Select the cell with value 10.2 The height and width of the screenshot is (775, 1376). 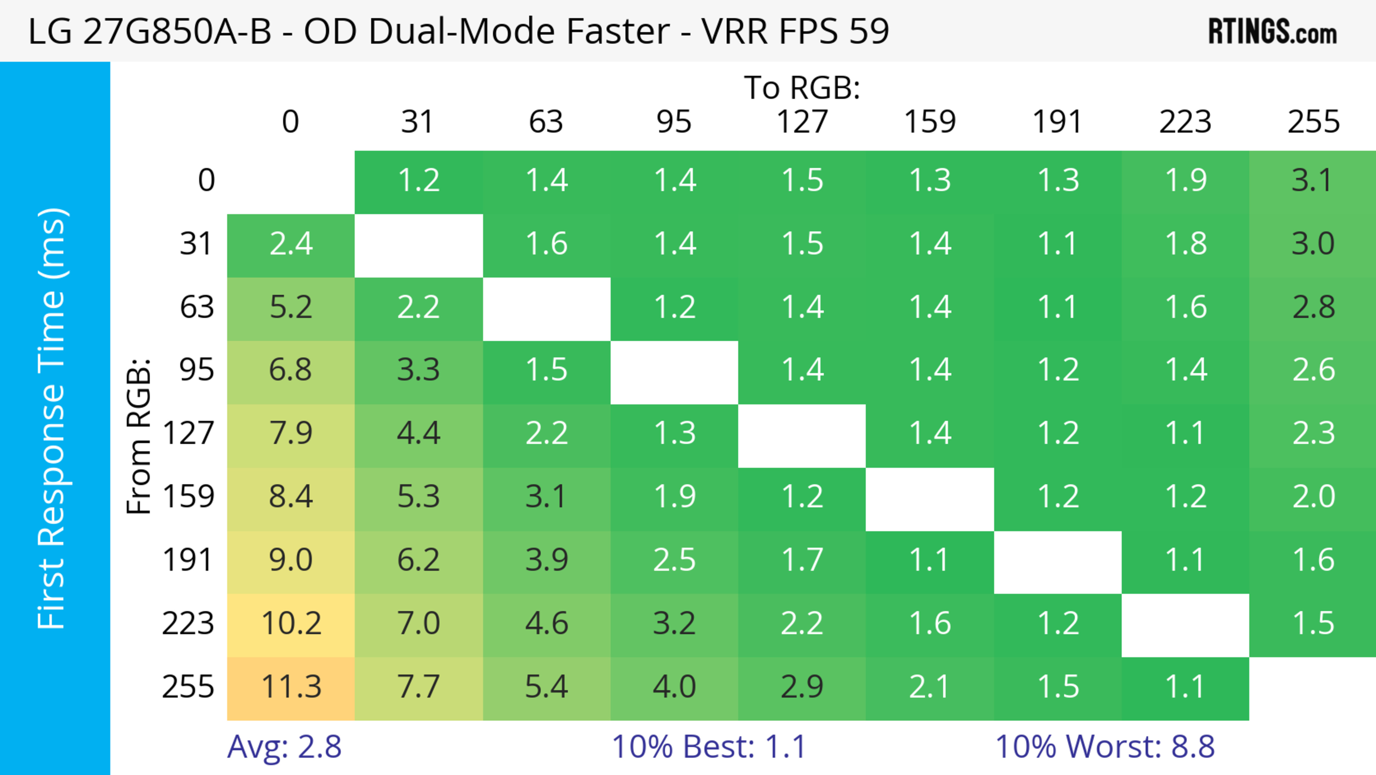pyautogui.click(x=291, y=624)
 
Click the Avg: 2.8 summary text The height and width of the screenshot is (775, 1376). pyautogui.click(x=284, y=747)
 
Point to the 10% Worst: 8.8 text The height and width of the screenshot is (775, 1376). pyautogui.click(x=1105, y=747)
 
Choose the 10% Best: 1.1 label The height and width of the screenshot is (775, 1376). pyautogui.click(x=708, y=747)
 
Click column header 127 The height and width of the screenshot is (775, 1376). pyautogui.click(x=802, y=122)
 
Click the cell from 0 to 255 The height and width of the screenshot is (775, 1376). pyautogui.click(x=1313, y=181)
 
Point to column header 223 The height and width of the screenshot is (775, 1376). pyautogui.click(x=1185, y=122)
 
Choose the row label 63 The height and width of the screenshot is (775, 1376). pyautogui.click(x=197, y=307)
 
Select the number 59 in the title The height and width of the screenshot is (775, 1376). pyautogui.click(x=869, y=31)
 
